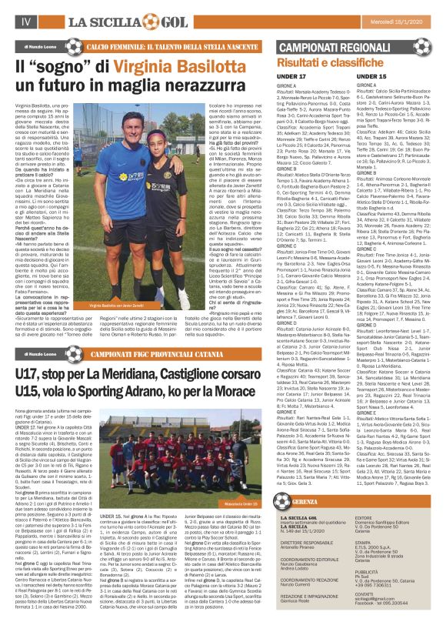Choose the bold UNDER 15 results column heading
372,78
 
